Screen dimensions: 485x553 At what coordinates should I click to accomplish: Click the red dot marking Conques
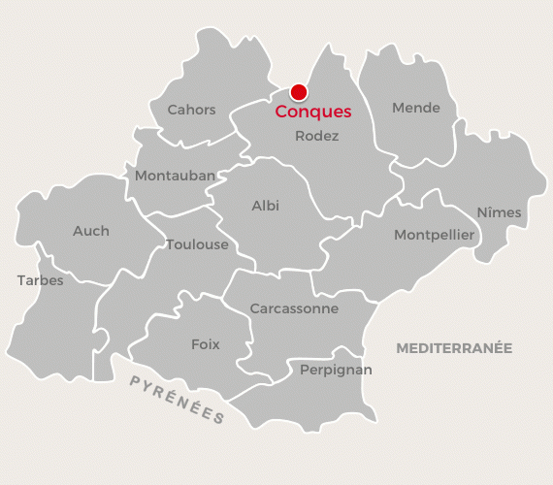pyautogui.click(x=299, y=92)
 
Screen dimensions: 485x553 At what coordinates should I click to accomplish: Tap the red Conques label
pyautogui.click(x=312, y=113)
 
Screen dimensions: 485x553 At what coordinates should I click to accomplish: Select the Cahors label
pyautogui.click(x=191, y=110)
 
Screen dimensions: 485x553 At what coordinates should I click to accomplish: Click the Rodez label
pyautogui.click(x=316, y=137)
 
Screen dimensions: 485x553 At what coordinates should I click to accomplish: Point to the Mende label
pyautogui.click(x=416, y=108)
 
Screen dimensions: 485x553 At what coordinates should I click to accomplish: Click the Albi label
pyautogui.click(x=265, y=206)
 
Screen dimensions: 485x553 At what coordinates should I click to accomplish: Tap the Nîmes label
pyautogui.click(x=499, y=212)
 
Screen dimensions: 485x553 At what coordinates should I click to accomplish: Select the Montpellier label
pyautogui.click(x=434, y=235)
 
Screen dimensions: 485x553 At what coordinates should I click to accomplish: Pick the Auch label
pyautogui.click(x=91, y=231)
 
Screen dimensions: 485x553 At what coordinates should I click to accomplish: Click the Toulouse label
pyautogui.click(x=197, y=244)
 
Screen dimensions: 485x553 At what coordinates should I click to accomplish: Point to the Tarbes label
pyautogui.click(x=40, y=280)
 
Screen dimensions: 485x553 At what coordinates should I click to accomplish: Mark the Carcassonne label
pyautogui.click(x=294, y=308)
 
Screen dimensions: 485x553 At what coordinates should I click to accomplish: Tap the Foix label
pyautogui.click(x=206, y=344)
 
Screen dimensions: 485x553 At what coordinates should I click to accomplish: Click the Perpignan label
pyautogui.click(x=336, y=370)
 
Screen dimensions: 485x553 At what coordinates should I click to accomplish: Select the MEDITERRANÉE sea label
pyautogui.click(x=454, y=347)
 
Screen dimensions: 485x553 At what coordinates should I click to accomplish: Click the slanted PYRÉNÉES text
pyautogui.click(x=178, y=400)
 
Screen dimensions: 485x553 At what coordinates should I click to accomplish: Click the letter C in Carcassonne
pyautogui.click(x=254, y=308)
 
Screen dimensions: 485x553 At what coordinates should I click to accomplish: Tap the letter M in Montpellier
pyautogui.click(x=399, y=235)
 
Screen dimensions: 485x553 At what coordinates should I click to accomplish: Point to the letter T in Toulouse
pyautogui.click(x=170, y=244)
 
